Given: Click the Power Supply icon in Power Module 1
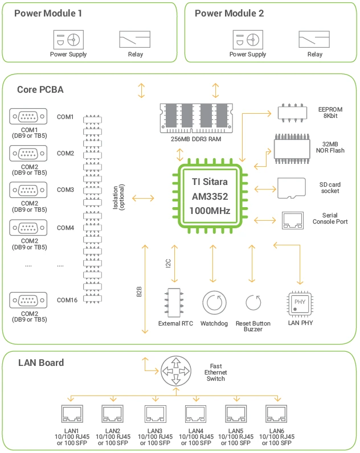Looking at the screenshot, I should click(x=68, y=39).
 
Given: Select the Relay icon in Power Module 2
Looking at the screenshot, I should click(x=314, y=39).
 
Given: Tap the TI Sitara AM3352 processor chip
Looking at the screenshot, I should click(x=209, y=196).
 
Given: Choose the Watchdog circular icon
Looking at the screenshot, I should click(x=214, y=302).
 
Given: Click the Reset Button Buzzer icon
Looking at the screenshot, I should click(x=253, y=302).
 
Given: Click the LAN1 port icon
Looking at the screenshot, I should click(x=72, y=413).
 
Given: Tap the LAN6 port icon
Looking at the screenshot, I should click(x=276, y=413).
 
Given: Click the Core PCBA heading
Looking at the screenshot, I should click(x=40, y=89).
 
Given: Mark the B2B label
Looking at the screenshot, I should click(x=139, y=292).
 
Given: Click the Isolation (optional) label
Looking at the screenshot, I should click(x=119, y=196).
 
